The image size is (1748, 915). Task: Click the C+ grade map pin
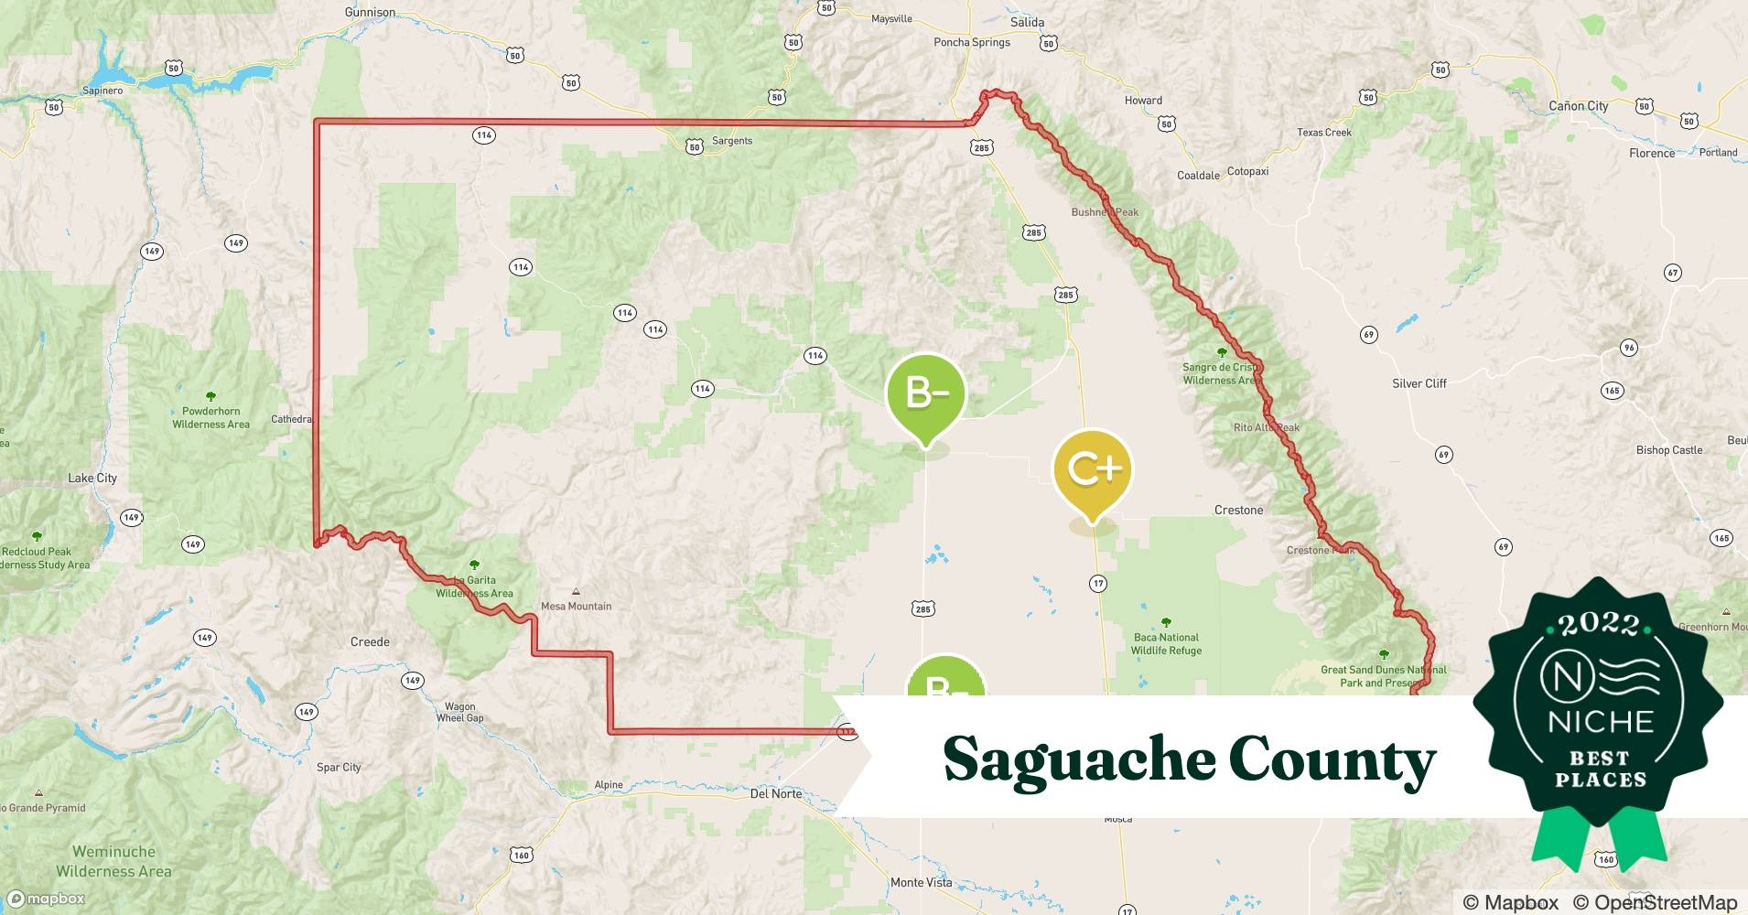[x=1093, y=469]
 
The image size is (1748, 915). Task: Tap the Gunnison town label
[x=370, y=12]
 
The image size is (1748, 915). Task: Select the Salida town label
[x=1027, y=22]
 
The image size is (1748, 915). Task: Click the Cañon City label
[x=1578, y=106]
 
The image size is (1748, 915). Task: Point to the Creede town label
[x=370, y=641]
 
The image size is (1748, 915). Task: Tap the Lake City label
[x=92, y=478]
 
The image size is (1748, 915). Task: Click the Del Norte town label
[x=775, y=793]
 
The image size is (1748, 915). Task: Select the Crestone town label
[x=1238, y=510]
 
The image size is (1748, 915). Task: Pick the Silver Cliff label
[x=1419, y=383]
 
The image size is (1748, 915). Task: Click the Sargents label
[x=731, y=141]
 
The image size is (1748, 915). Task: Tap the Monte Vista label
[x=921, y=882]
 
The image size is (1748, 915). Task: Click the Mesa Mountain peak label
[x=576, y=606]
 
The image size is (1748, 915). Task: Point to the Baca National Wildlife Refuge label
[x=1166, y=644]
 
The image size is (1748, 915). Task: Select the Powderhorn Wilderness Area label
[x=210, y=417]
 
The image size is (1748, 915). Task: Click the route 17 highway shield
[x=1098, y=583]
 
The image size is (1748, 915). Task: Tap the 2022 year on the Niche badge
[x=1599, y=625]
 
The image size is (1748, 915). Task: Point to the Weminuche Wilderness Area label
[x=113, y=861]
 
